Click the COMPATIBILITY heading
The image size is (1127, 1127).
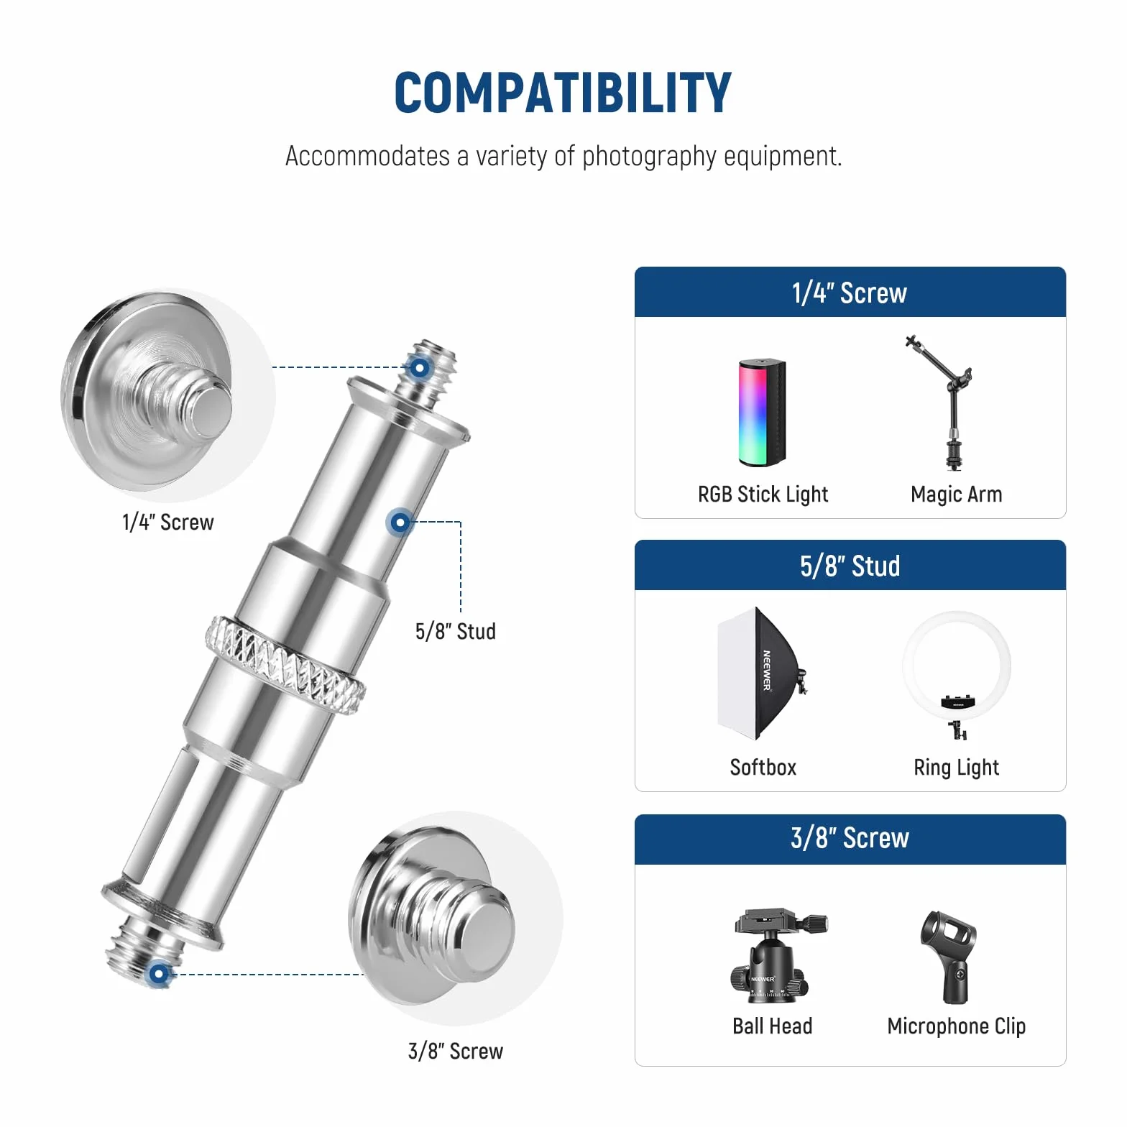click(563, 93)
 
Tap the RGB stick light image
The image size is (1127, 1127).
click(763, 413)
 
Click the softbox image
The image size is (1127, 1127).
click(762, 673)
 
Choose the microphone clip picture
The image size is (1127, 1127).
click(948, 957)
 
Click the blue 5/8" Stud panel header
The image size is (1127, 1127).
click(850, 565)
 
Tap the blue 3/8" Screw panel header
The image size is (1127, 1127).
click(850, 839)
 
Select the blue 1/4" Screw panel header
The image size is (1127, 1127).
click(850, 292)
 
